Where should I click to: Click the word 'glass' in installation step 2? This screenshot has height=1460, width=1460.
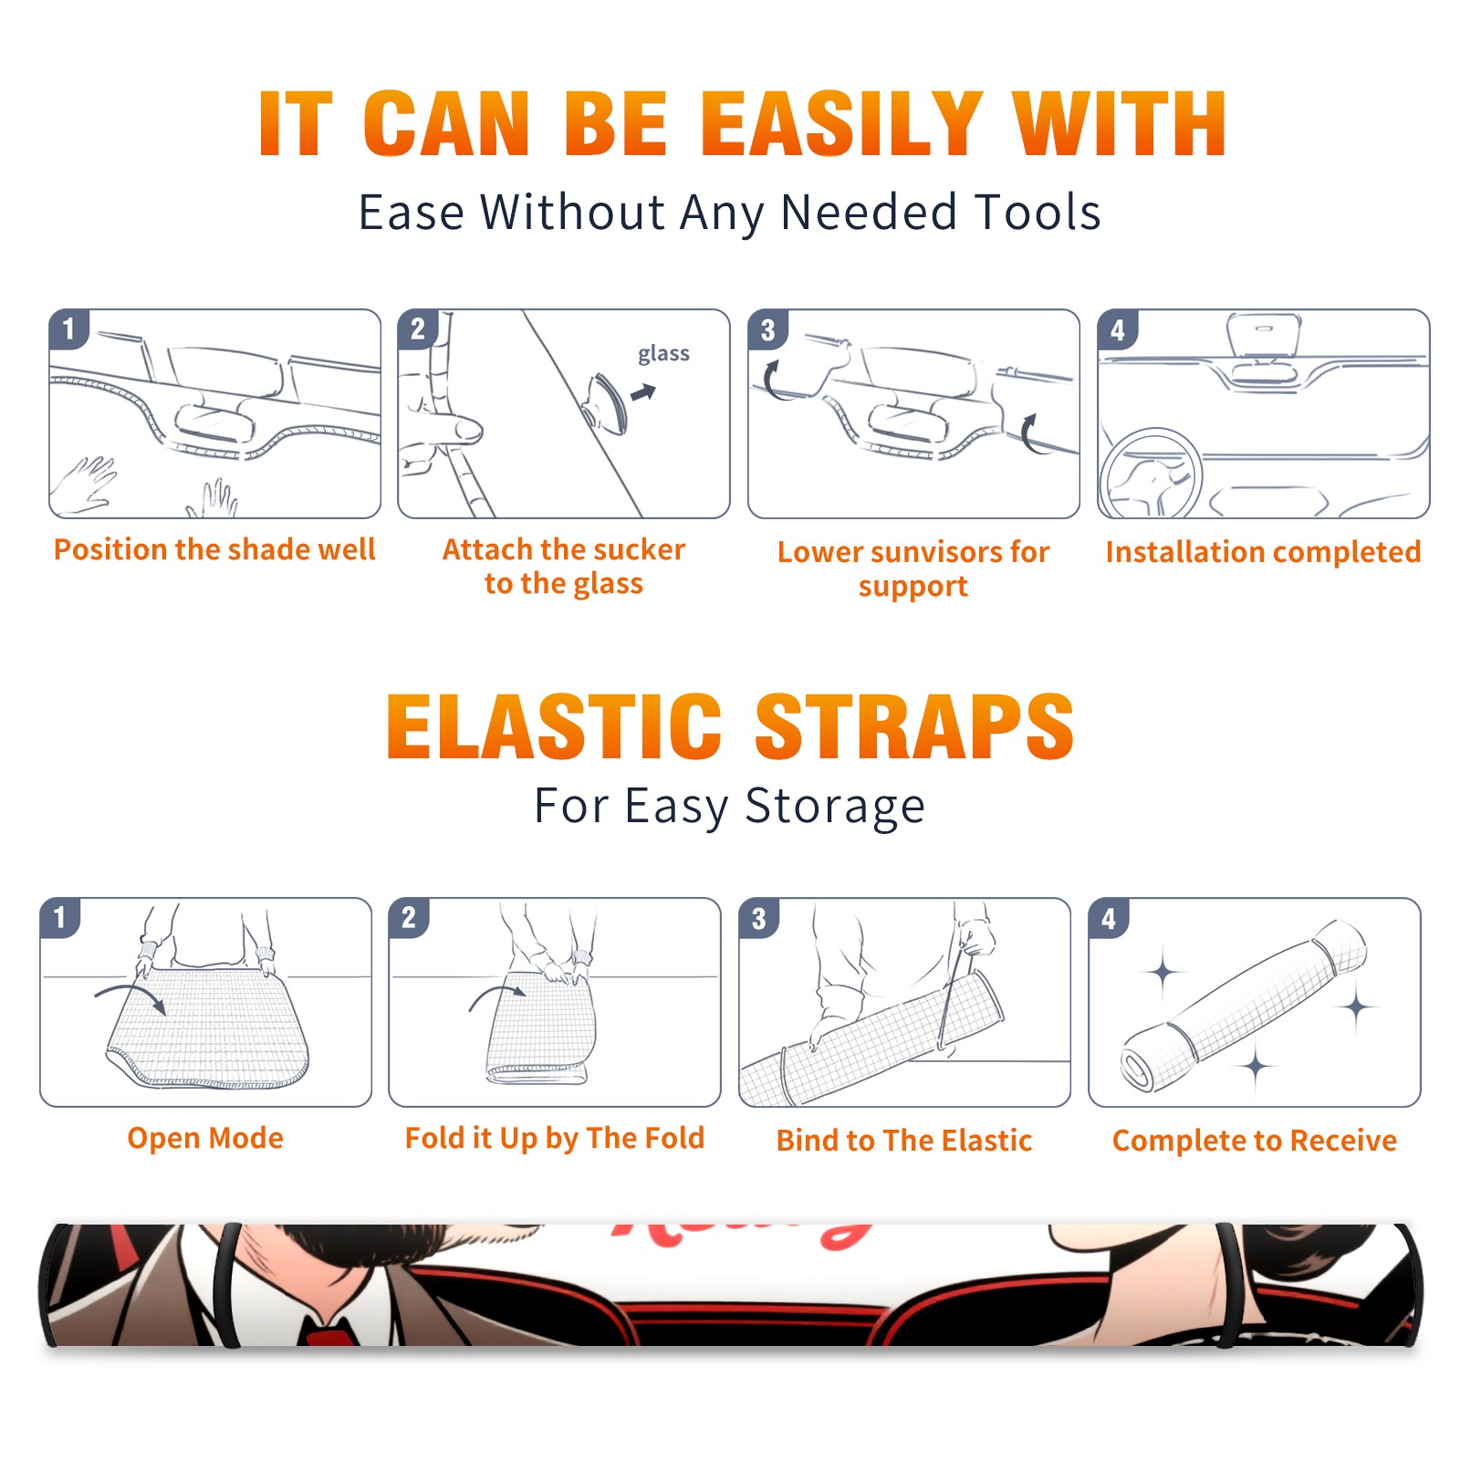click(x=663, y=354)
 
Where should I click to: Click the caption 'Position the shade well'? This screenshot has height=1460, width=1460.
click(x=214, y=549)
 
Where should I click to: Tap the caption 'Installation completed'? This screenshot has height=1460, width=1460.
click(x=1263, y=552)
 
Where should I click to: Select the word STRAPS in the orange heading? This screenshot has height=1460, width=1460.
click(x=914, y=726)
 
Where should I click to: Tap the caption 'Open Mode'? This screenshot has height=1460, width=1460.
click(x=205, y=1138)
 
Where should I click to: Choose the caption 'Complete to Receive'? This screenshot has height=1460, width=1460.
click(x=1255, y=1141)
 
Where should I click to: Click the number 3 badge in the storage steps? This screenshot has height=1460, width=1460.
click(x=759, y=918)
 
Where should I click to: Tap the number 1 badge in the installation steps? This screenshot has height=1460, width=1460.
click(x=69, y=328)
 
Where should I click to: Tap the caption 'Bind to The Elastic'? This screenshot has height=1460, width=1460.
click(x=903, y=1141)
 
